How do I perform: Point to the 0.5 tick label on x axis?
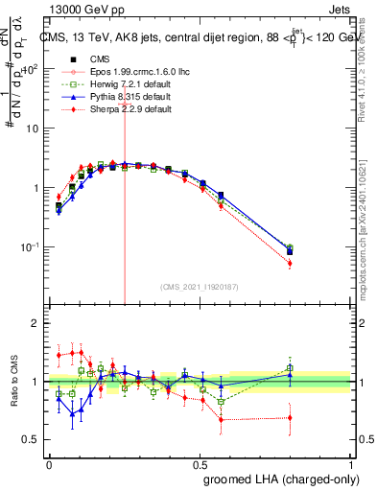coord(200,463)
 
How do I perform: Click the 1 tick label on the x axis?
coord(350,463)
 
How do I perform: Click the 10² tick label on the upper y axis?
coord(32,69)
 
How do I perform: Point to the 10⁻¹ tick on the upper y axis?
coord(32,247)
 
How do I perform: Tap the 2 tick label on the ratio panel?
coord(35,324)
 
